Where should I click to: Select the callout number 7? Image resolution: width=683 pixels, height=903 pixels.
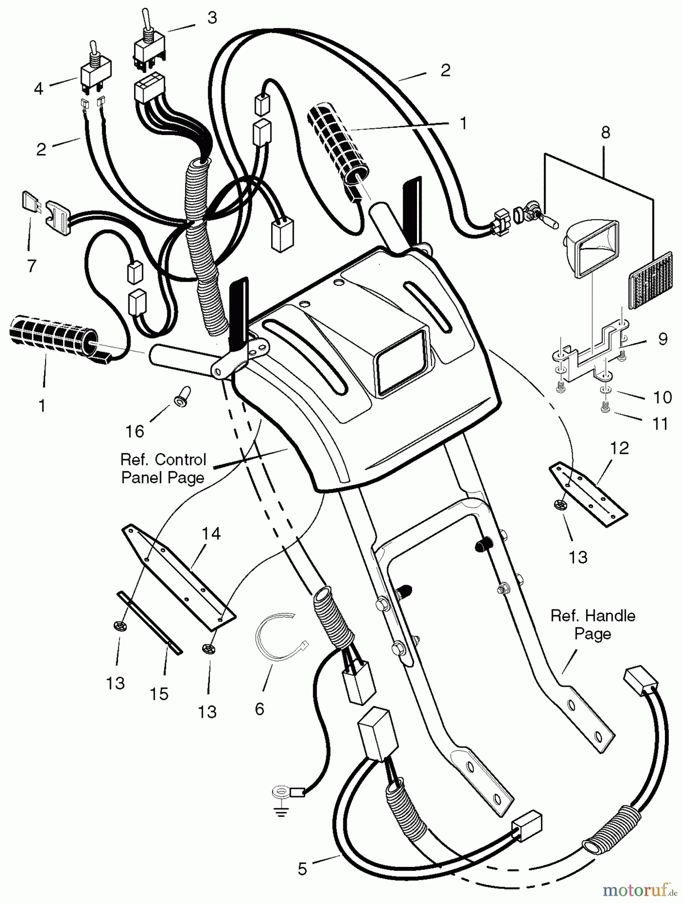tap(32, 265)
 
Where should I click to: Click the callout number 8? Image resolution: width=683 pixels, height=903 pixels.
tap(605, 132)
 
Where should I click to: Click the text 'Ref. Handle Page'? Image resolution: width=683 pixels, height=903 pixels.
tap(593, 625)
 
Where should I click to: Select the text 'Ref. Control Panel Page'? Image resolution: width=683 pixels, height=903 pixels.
tap(164, 468)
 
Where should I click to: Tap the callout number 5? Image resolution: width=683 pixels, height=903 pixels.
tap(302, 868)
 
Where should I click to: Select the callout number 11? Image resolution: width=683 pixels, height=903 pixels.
tap(660, 423)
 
